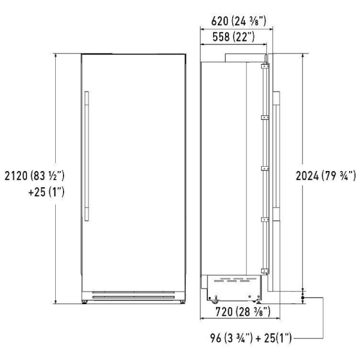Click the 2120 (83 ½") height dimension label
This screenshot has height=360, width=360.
[x=35, y=176]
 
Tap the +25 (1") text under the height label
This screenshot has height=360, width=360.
[x=46, y=192]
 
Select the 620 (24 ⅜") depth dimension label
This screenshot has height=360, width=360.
[x=239, y=21]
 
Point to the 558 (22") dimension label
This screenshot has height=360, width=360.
[x=233, y=37]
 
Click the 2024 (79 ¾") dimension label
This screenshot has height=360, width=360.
[x=326, y=176]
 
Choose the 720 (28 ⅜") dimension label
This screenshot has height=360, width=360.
[x=243, y=312]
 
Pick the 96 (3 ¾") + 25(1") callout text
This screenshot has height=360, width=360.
[x=251, y=338]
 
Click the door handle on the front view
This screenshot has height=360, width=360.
[x=86, y=156]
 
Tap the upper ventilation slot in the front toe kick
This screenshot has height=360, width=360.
[x=133, y=293]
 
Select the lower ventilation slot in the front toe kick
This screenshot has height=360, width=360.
[x=133, y=298]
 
